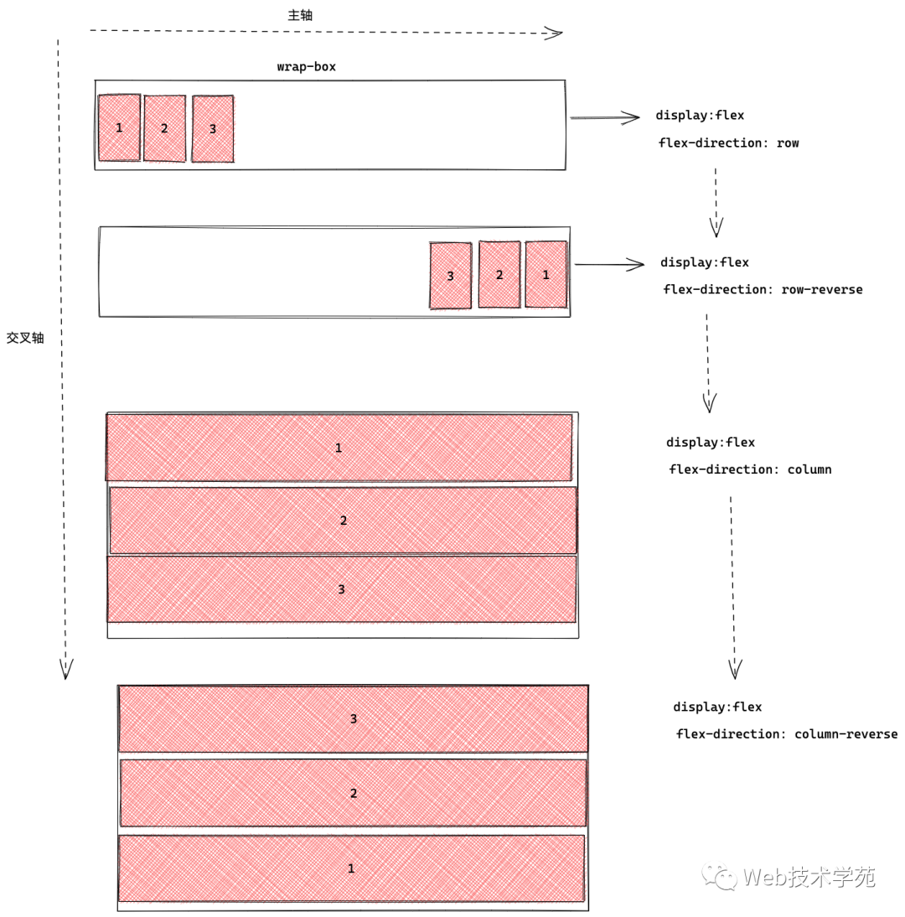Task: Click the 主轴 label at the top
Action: point(300,15)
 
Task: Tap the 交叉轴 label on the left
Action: point(25,338)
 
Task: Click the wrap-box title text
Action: point(307,67)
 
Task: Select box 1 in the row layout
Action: point(119,127)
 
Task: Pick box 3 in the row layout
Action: point(213,128)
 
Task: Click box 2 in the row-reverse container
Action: point(499,274)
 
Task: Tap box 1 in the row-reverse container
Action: point(546,274)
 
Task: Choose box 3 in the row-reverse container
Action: point(450,276)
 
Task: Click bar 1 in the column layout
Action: point(339,448)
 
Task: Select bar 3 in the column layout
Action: point(341,589)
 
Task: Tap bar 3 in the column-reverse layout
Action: point(353,718)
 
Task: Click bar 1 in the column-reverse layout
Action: point(351,868)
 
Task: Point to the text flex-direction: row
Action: point(728,143)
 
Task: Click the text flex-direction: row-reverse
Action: point(763,289)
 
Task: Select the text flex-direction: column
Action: point(750,469)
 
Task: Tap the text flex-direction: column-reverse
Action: point(787,734)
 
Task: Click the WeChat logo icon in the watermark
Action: point(719,877)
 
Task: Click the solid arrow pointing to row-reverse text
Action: point(609,264)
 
